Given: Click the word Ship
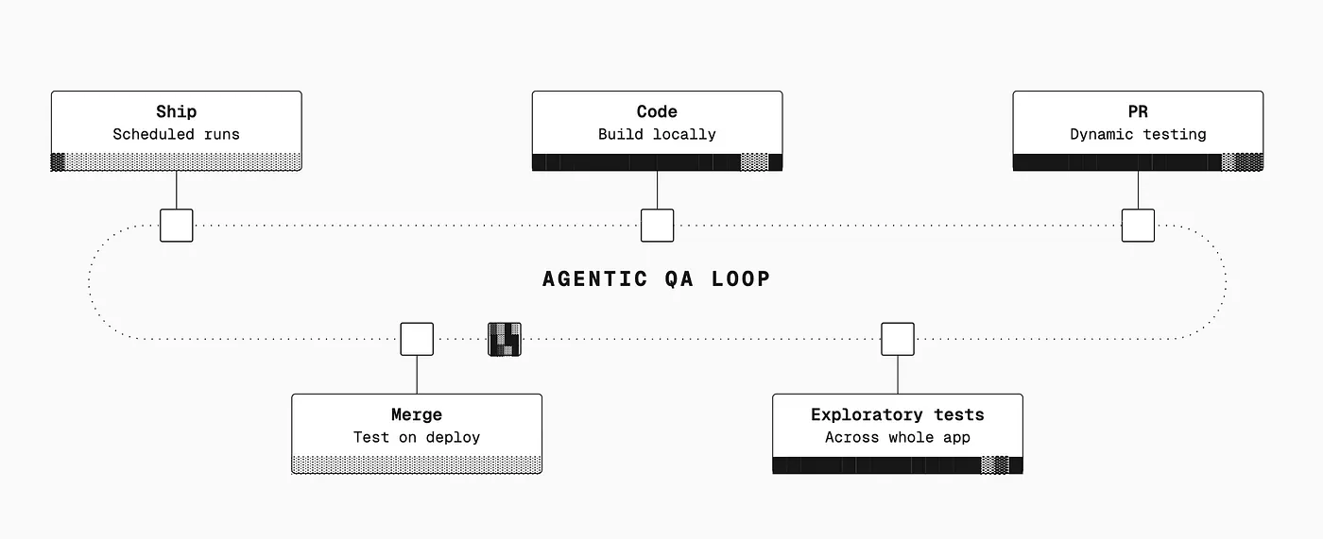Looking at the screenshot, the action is pos(176,111).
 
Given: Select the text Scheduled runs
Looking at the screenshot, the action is pos(176,134).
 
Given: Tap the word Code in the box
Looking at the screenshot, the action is pos(657,111).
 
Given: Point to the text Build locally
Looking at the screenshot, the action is pos(657,134).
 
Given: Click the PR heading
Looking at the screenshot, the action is pos(1138,111).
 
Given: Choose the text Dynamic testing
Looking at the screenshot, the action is pos(1138,134).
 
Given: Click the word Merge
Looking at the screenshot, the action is pos(417,414).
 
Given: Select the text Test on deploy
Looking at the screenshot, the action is pos(417,438).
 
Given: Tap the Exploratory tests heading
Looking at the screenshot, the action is pos(897,414).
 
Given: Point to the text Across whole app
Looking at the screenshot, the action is pos(897,438).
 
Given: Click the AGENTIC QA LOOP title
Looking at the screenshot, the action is pos(656,278).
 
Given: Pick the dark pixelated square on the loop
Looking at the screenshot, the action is pos(505,339).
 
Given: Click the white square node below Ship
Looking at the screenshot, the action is pos(177,226).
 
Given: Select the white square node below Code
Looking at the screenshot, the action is pos(658,226).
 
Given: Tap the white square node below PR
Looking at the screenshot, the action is pos(1138,226).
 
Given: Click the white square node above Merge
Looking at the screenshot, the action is pos(417,339).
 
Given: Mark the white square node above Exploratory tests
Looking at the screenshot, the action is pos(898,339).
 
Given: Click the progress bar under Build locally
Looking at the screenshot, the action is pos(657,162).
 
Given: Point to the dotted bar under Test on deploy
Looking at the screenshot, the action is pos(417,464).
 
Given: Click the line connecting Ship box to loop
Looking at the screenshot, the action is pos(177,190).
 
